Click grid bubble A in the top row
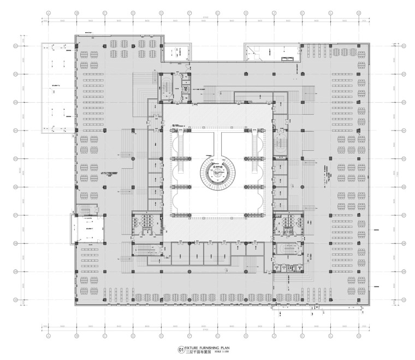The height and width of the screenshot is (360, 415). click(x=48, y=13)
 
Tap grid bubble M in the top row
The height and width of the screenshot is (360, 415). click(x=359, y=13)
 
